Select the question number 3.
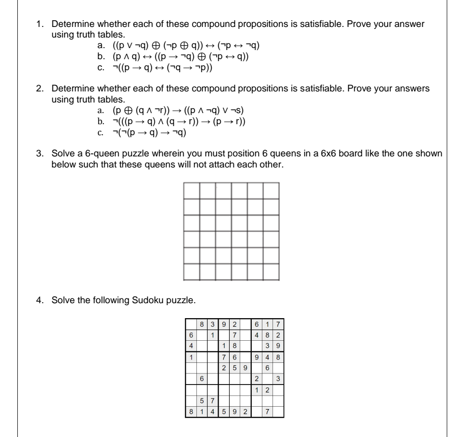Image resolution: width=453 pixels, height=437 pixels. click(40, 154)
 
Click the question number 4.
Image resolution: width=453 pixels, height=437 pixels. click(40, 301)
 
